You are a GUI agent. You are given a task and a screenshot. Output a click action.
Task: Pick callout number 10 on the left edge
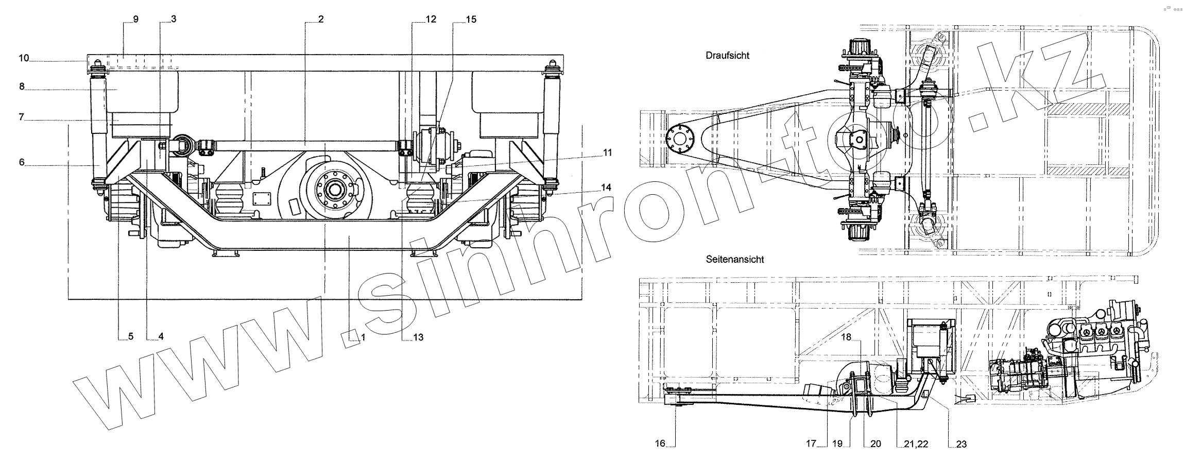[24, 58]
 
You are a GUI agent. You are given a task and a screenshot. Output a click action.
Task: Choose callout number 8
[22, 87]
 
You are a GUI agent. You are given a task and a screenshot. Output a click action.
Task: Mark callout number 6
[22, 162]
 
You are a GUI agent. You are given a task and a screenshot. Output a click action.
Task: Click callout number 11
[608, 152]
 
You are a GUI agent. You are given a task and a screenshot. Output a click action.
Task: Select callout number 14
[606, 188]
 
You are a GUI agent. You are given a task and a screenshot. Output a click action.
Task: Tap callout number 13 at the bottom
[418, 337]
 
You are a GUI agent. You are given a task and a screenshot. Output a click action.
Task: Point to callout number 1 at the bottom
[363, 337]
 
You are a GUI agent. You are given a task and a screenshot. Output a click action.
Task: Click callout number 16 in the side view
[660, 444]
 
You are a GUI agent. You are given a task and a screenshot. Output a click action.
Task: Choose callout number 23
[961, 444]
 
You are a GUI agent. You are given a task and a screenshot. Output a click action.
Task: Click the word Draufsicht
[727, 56]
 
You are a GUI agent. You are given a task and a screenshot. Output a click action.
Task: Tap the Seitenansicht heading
[735, 260]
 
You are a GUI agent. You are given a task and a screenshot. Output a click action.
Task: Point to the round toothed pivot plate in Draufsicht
[679, 139]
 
